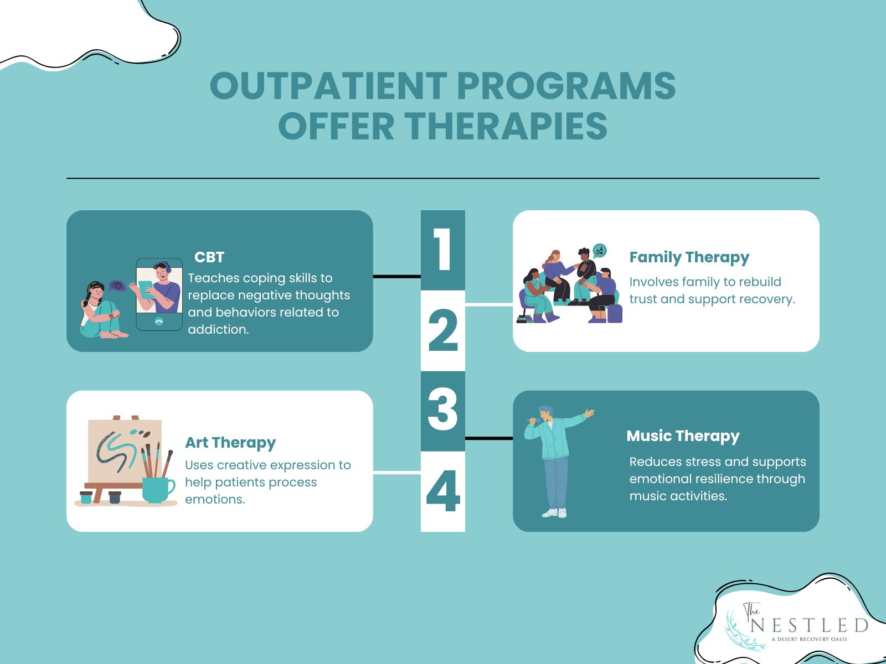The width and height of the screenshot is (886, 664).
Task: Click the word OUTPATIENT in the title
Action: pos(328,86)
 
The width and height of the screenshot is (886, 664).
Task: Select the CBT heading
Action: pos(209,257)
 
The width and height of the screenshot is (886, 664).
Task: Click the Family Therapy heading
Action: pos(689,257)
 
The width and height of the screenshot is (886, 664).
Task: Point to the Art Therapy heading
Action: pos(230,443)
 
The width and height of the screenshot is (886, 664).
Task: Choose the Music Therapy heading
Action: pos(683,436)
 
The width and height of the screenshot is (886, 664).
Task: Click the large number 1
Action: pos(442,250)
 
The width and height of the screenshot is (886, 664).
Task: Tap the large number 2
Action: pos(443,331)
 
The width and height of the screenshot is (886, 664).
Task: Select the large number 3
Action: pos(443,410)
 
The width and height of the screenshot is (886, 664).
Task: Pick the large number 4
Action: pos(443,491)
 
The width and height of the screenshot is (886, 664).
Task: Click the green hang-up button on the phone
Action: pos(159,321)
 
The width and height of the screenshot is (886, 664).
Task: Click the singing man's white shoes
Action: pos(554,513)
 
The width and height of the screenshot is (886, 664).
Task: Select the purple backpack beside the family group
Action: pos(615,313)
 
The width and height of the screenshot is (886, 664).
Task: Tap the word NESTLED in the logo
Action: pos(809,626)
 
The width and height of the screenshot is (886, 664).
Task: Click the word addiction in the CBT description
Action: pos(218,329)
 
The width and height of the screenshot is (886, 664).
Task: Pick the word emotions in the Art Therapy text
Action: pos(214,499)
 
